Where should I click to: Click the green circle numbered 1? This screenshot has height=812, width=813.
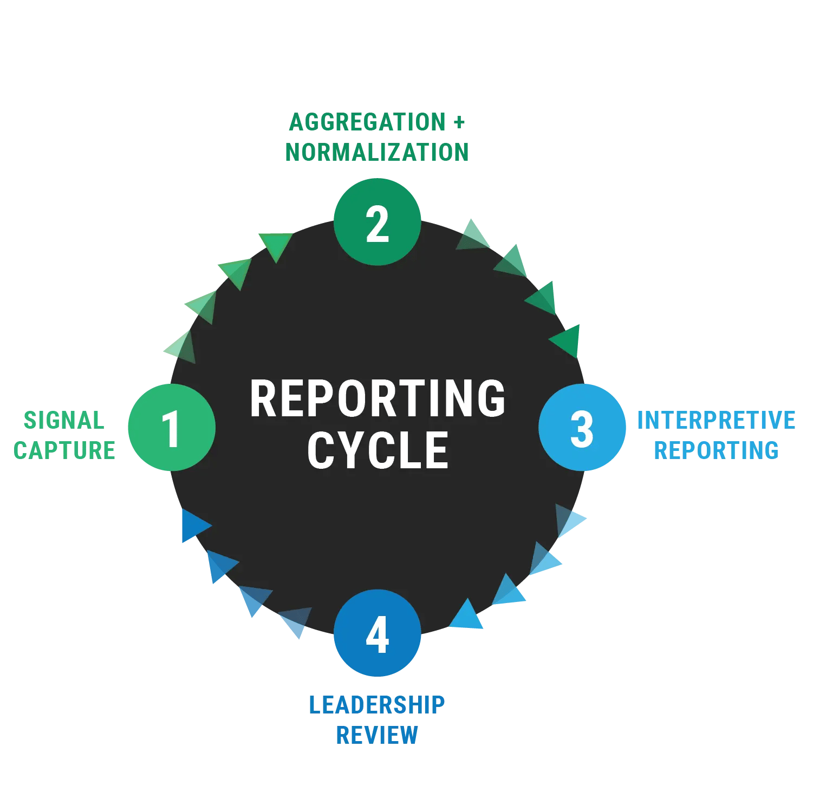pyautogui.click(x=172, y=427)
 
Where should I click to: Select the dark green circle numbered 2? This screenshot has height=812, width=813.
pyautogui.click(x=378, y=222)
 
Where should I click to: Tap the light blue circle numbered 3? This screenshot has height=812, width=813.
pyautogui.click(x=582, y=427)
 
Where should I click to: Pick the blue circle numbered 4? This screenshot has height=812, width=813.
pyautogui.click(x=378, y=633)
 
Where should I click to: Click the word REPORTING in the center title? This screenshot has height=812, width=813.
pyautogui.click(x=378, y=399)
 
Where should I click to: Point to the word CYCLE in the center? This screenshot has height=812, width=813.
pyautogui.click(x=378, y=450)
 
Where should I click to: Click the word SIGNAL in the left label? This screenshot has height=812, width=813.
pyautogui.click(x=64, y=421)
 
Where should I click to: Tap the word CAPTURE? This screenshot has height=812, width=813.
pyautogui.click(x=64, y=450)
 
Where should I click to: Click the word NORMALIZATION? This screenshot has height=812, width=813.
pyautogui.click(x=377, y=152)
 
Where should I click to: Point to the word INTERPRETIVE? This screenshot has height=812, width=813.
pyautogui.click(x=716, y=421)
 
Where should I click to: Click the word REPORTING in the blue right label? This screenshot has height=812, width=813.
pyautogui.click(x=716, y=450)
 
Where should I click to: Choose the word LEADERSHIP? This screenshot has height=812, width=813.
pyautogui.click(x=377, y=705)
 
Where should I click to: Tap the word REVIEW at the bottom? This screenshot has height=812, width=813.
pyautogui.click(x=377, y=735)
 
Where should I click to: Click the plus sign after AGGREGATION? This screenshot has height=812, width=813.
pyautogui.click(x=459, y=122)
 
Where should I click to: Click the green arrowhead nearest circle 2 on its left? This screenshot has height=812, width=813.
pyautogui.click(x=276, y=244)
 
